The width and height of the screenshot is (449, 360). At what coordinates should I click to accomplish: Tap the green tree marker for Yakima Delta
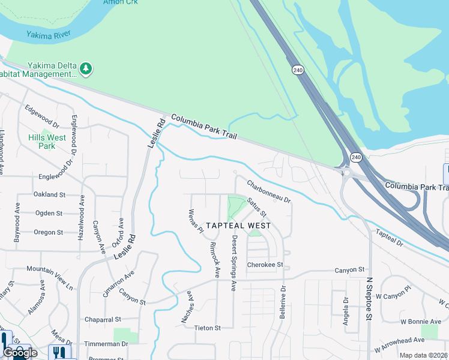click(x=86, y=68)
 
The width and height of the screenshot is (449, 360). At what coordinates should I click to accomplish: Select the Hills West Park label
click(x=47, y=142)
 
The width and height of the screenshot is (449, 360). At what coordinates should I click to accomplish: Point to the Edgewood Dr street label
click(x=42, y=116)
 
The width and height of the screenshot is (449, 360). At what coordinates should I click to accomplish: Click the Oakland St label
click(x=49, y=194)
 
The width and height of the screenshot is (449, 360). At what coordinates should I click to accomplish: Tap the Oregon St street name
click(x=48, y=232)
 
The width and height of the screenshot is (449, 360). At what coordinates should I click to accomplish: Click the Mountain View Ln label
click(x=49, y=278)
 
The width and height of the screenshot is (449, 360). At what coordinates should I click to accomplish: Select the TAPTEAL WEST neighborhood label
click(x=238, y=226)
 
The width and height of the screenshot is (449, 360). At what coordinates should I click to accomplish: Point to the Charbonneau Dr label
click(x=268, y=191)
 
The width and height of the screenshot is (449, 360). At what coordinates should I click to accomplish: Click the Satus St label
click(x=256, y=208)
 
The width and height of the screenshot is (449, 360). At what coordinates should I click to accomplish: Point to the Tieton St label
click(x=208, y=328)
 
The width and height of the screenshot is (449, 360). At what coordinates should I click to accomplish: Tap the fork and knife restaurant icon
click(x=59, y=352)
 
